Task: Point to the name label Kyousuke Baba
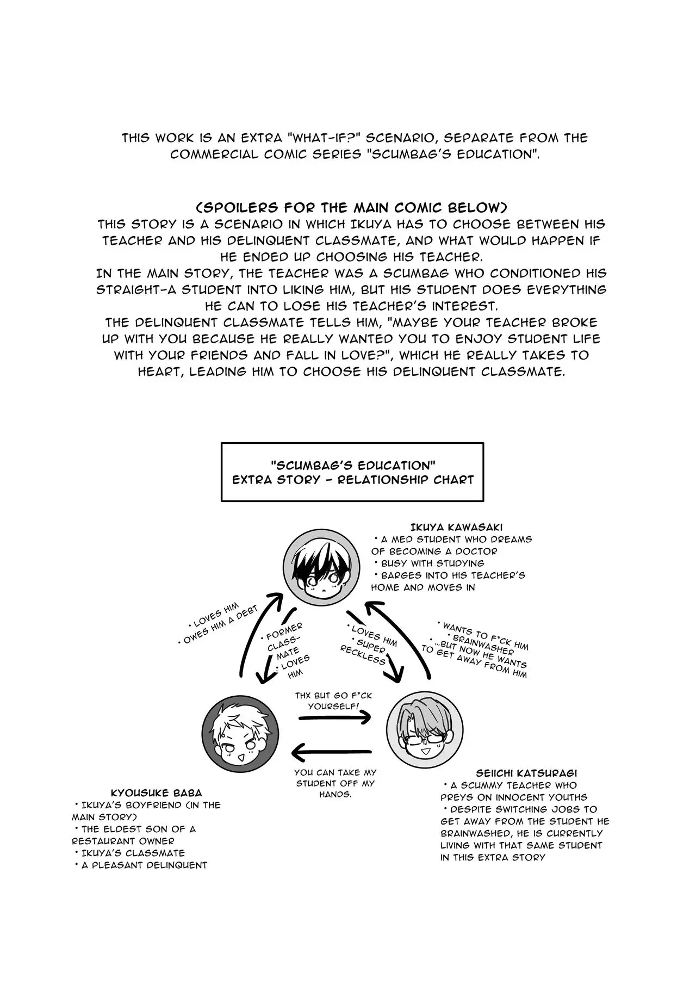[156, 793]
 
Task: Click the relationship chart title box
[352, 472]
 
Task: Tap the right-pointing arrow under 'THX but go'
[334, 717]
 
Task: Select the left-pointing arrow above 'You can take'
[332, 753]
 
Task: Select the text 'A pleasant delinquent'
[144, 865]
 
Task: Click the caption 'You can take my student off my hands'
[335, 783]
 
